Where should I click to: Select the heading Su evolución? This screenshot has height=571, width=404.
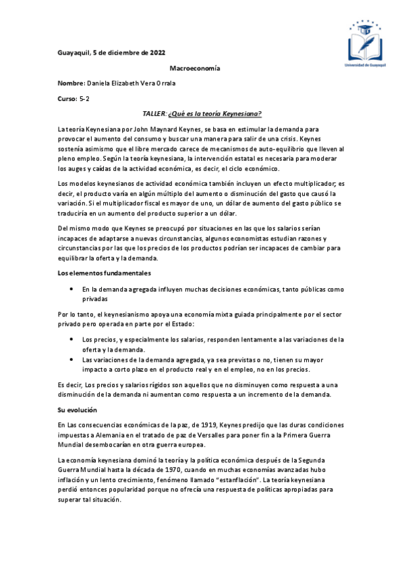click(x=78, y=410)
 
